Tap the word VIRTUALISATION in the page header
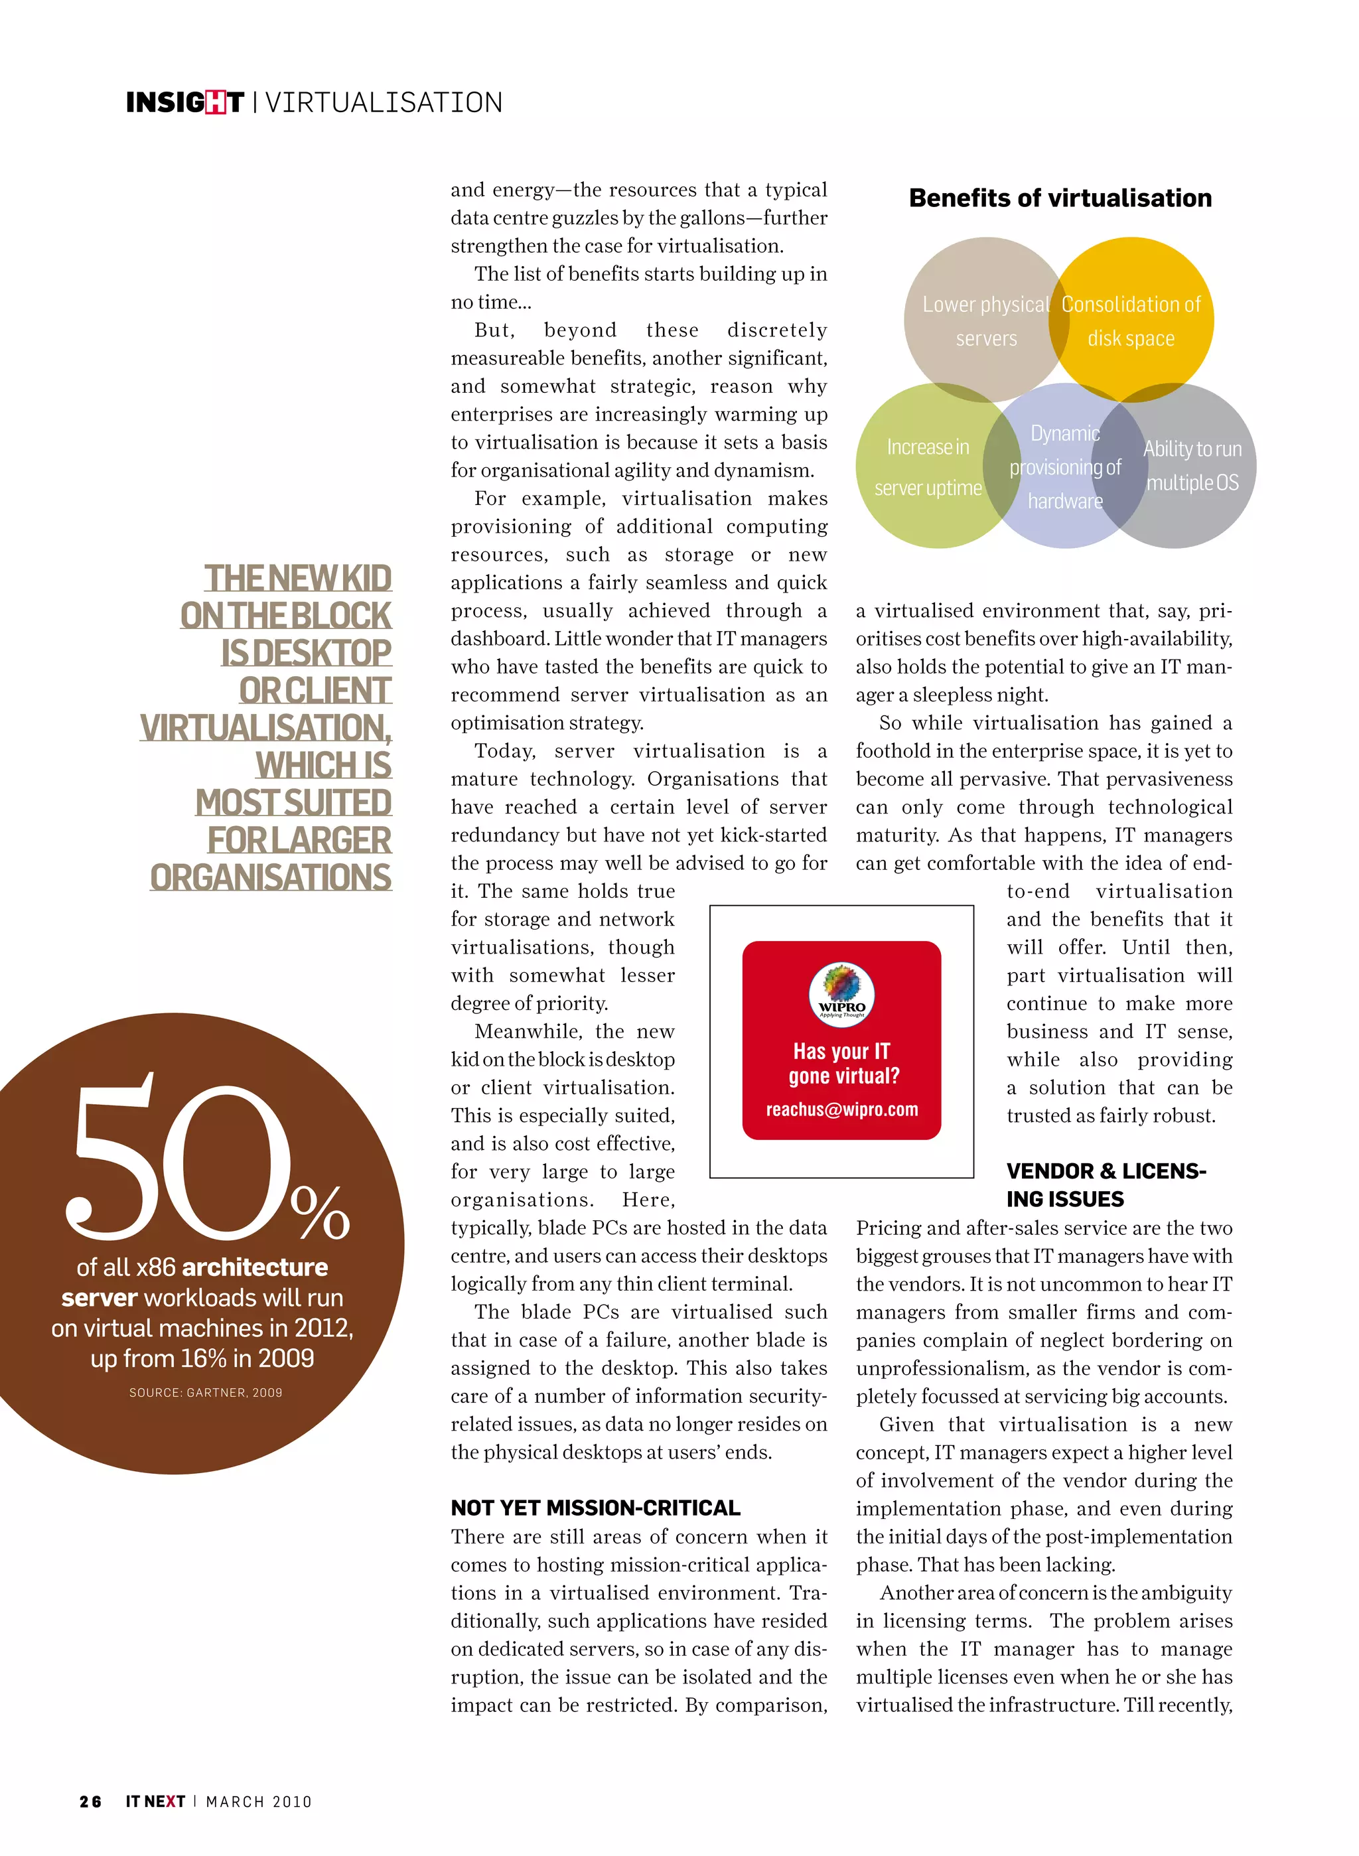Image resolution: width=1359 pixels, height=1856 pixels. point(384,103)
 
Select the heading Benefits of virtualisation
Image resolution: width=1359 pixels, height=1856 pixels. point(1060,198)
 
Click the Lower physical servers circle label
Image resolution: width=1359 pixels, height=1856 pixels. point(985,321)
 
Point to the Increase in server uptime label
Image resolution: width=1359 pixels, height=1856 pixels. point(928,467)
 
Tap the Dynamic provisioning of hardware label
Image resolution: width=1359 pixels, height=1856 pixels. point(1064,467)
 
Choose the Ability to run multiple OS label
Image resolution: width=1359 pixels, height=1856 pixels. point(1192,466)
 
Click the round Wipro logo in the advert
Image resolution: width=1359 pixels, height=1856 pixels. point(841,991)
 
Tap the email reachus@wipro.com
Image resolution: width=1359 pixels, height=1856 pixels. point(841,1109)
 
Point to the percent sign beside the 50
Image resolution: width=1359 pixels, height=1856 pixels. point(320,1212)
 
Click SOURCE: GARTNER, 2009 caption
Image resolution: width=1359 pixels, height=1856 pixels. point(206,1393)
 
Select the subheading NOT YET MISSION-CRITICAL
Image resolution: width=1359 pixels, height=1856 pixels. point(595,1508)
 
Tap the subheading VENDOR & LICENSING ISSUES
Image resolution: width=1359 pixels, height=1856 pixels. point(1105,1184)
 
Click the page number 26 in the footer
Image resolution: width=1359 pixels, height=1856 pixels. point(90,1802)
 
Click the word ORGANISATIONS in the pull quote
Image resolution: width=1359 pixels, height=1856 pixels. point(271,878)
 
